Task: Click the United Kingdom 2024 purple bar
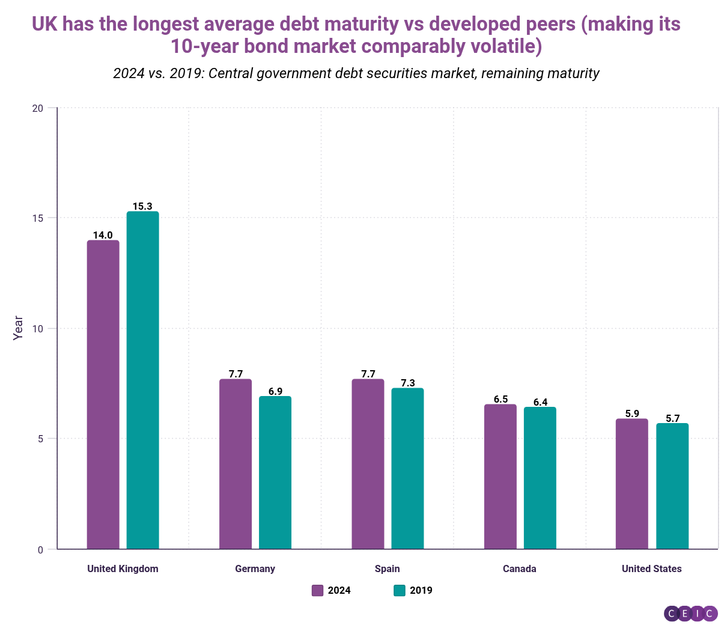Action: click(x=103, y=394)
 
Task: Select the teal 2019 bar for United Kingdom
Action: click(x=142, y=380)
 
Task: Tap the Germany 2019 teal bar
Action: click(x=275, y=472)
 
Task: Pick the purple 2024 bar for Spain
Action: click(x=368, y=463)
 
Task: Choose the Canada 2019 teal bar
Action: click(x=540, y=478)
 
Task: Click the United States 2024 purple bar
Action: click(x=632, y=483)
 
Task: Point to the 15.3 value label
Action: click(x=142, y=206)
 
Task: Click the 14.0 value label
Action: click(x=103, y=235)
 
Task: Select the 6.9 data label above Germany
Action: click(x=275, y=391)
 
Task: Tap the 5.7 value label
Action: click(x=672, y=418)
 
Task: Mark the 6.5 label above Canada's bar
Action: click(x=500, y=399)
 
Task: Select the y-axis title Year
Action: click(x=19, y=328)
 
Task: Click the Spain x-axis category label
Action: click(x=387, y=569)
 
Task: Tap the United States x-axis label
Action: click(x=651, y=569)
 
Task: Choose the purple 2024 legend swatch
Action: click(x=318, y=590)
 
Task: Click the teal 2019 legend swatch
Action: click(x=400, y=590)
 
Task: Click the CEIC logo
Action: click(x=690, y=613)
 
